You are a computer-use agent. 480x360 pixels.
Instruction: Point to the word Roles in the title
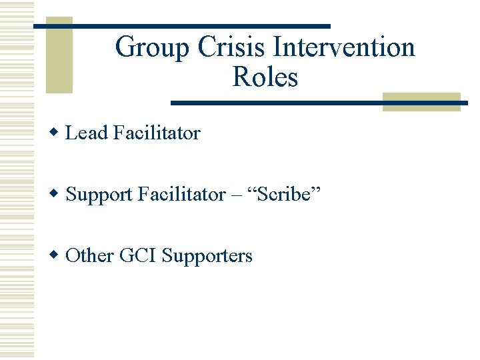pyautogui.click(x=265, y=78)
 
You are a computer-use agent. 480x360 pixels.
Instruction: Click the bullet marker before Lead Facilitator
pyautogui.click(x=57, y=133)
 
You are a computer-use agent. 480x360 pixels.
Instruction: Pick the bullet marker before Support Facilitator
pyautogui.click(x=57, y=194)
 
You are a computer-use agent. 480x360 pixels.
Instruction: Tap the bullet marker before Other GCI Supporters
pyautogui.click(x=57, y=255)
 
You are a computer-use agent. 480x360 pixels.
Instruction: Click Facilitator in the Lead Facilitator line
pyautogui.click(x=157, y=133)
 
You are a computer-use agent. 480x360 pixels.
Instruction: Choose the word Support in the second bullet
pyautogui.click(x=99, y=195)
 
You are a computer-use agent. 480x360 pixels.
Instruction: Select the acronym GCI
pyautogui.click(x=138, y=256)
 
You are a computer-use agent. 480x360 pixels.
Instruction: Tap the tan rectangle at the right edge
pyautogui.click(x=421, y=101)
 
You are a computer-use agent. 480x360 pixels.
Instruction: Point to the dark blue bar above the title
pyautogui.click(x=181, y=26)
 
